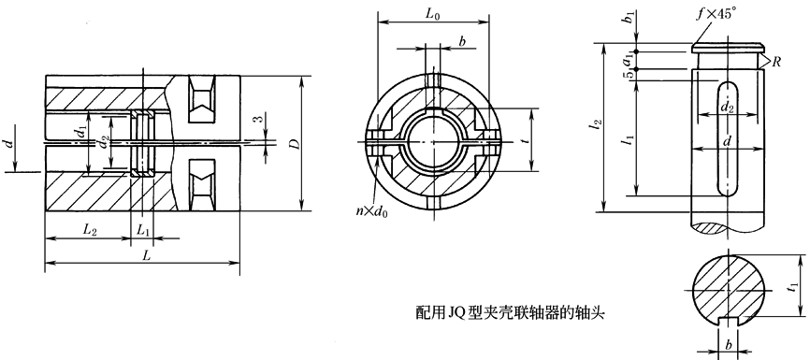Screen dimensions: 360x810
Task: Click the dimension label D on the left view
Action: tap(293, 146)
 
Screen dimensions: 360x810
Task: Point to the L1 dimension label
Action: tap(143, 230)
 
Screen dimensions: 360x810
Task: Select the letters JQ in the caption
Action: tap(458, 315)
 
